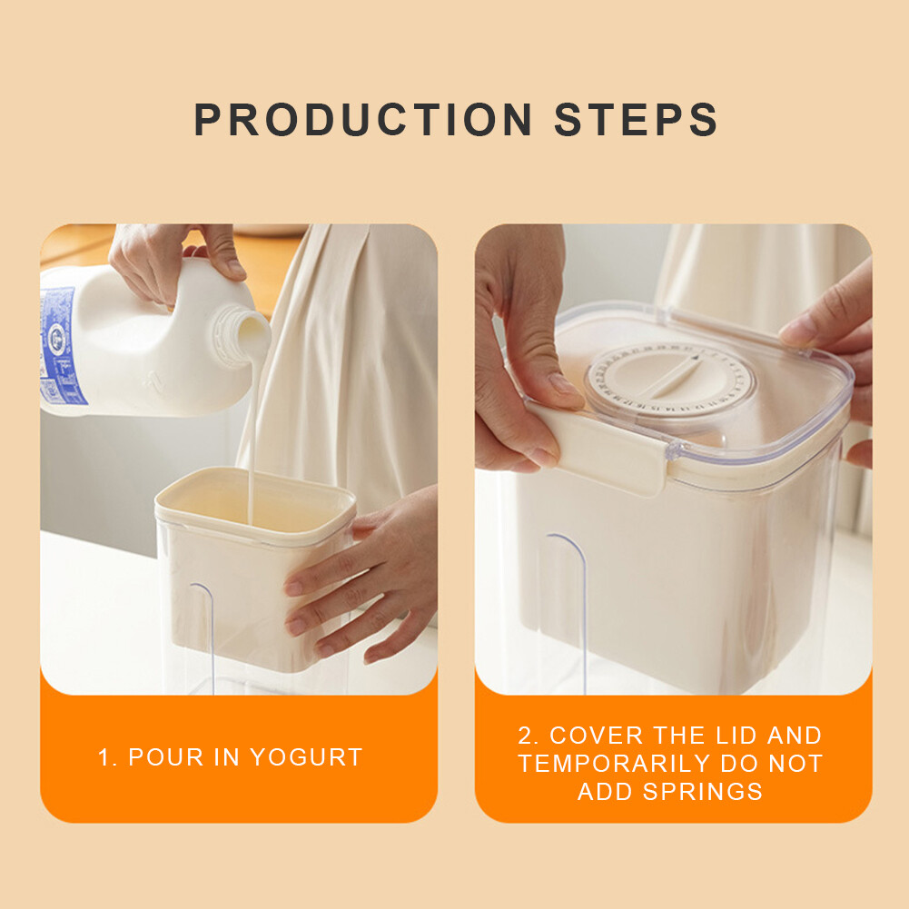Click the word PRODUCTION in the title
[363, 121]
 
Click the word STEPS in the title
[637, 121]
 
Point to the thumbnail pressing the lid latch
[564, 387]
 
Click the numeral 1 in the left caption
[103, 757]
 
